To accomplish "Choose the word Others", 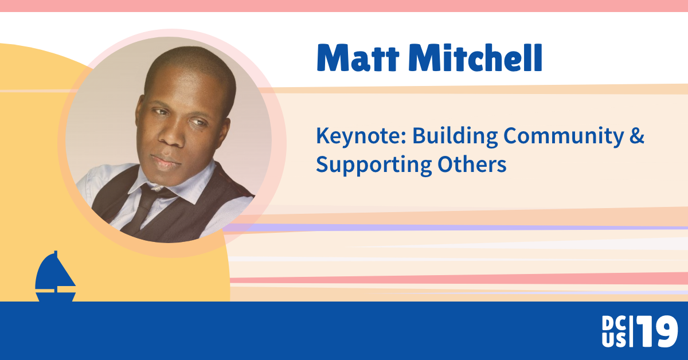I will pyautogui.click(x=472, y=164).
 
